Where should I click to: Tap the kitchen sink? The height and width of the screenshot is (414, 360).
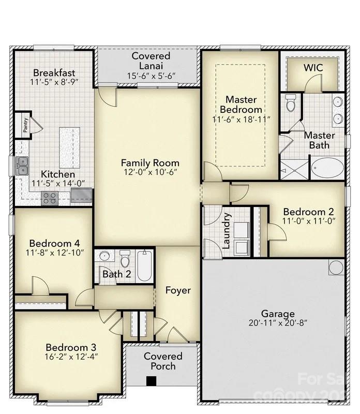(22, 165)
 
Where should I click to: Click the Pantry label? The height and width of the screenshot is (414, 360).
(25, 125)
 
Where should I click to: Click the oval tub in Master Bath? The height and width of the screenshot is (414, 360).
(327, 168)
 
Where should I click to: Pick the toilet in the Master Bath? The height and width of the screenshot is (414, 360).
(291, 103)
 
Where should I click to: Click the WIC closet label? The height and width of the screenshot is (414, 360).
(313, 68)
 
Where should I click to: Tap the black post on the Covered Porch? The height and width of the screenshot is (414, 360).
(151, 381)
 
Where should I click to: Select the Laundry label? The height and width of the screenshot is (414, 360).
(226, 231)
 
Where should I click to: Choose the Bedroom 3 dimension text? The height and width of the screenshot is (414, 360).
(71, 356)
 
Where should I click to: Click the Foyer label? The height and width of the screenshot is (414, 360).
(177, 290)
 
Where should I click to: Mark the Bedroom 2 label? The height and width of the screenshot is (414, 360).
(308, 211)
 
